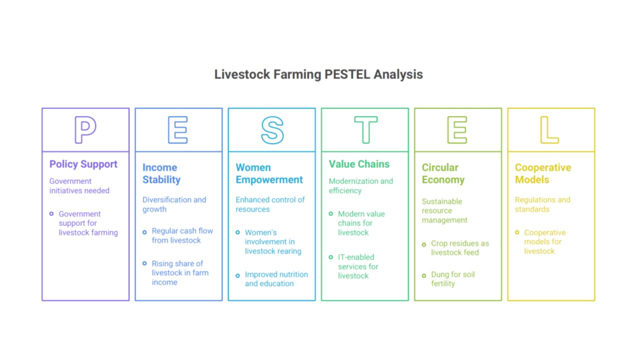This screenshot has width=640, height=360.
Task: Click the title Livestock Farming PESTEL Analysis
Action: [x=318, y=74]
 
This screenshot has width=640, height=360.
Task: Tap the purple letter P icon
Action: [x=85, y=130]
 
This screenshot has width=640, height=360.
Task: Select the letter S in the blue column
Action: [x=272, y=130]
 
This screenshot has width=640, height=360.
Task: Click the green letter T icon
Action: [x=365, y=130]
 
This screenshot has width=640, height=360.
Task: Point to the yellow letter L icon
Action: [x=549, y=130]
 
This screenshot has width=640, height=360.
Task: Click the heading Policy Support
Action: [x=83, y=164]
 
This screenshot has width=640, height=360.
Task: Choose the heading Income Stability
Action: [x=161, y=173]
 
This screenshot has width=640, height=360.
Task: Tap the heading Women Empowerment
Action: [x=269, y=173]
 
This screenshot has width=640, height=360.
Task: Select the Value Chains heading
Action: [x=359, y=164]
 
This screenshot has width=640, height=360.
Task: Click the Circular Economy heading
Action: [x=443, y=173]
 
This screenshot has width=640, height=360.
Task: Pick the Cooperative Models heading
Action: [x=542, y=173]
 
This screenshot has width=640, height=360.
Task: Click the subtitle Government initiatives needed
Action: [x=79, y=186]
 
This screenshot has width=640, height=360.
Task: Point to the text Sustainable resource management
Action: [x=444, y=210]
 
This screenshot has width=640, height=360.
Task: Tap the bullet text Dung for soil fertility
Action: [x=452, y=279]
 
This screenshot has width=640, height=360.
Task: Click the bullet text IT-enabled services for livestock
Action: [x=358, y=266]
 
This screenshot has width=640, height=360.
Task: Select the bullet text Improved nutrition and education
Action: [x=276, y=279]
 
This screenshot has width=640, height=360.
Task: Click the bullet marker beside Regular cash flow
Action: [x=144, y=232]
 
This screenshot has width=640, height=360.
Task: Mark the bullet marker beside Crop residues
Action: [x=424, y=244]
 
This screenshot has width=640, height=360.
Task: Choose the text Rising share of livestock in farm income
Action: [x=179, y=273]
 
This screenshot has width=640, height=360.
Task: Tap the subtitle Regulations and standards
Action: [x=542, y=204]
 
